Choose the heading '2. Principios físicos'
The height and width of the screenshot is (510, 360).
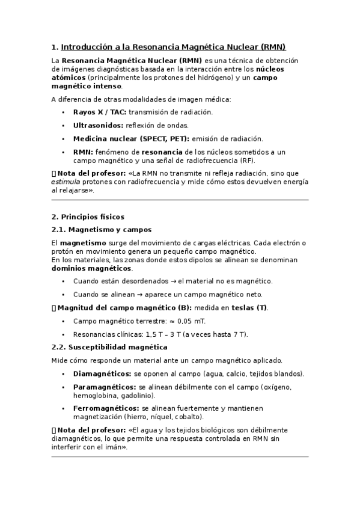point(88,217)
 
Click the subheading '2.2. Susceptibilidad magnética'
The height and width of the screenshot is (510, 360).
point(109,347)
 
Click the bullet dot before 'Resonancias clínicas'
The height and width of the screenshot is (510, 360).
point(64,334)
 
